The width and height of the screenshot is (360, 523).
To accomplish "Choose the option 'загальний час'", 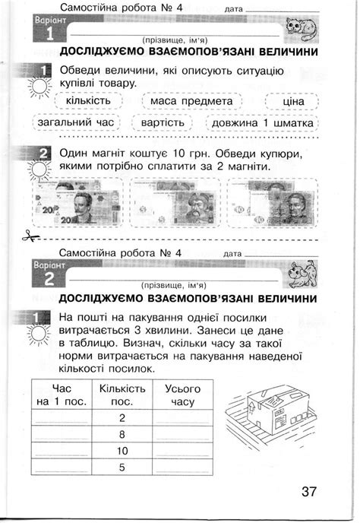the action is pos(72,122).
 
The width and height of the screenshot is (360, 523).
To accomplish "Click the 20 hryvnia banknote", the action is pos(73,202).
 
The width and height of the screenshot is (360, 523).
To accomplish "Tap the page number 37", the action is pos(307,491).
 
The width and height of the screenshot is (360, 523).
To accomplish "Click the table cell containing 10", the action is pos(122,451).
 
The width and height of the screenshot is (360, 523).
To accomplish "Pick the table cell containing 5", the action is pos(122,468).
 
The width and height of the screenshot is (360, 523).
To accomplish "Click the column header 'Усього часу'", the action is pos(182,394).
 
